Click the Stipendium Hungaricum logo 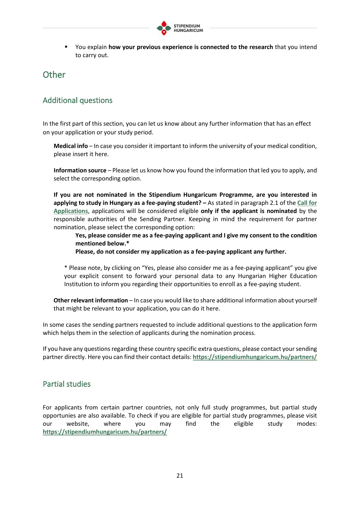tap(180, 28)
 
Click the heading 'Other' tap(54, 75)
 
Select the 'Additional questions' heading tap(77, 100)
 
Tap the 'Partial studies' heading tap(67, 384)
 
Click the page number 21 tap(180, 476)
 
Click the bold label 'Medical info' tap(71, 146)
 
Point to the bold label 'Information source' tap(80, 170)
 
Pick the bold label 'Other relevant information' tap(91, 300)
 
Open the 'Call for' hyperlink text tap(307, 203)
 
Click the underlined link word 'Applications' tap(71, 211)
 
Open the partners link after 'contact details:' tap(255, 357)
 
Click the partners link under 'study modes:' tap(105, 432)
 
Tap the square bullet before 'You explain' tap(66, 47)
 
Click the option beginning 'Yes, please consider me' tap(196, 235)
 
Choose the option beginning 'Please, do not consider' tap(181, 252)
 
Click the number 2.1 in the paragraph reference tap(274, 203)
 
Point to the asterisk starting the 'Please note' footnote tap(66, 268)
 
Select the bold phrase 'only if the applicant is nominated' tap(249, 211)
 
